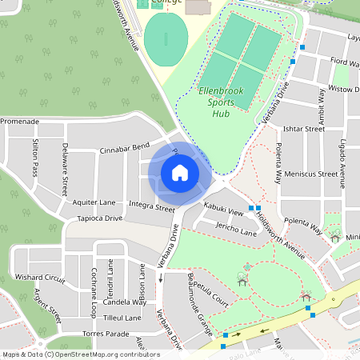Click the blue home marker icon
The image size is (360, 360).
click(x=179, y=173)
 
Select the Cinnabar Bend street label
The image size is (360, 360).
click(x=124, y=149)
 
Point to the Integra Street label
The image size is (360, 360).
click(x=151, y=207)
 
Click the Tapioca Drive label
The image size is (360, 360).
click(x=99, y=218)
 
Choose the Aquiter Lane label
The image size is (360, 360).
click(x=94, y=203)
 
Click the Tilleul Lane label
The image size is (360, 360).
click(x=122, y=318)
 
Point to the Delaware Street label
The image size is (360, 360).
click(x=65, y=169)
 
